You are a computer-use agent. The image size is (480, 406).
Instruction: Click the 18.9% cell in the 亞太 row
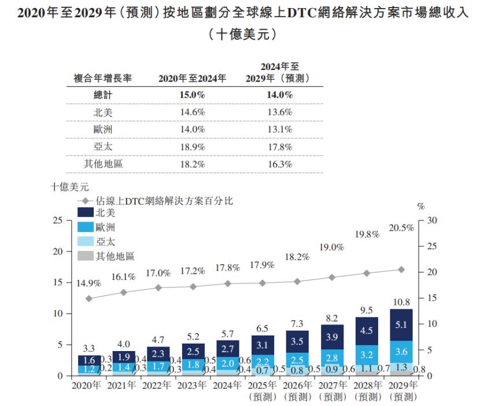(x=193, y=146)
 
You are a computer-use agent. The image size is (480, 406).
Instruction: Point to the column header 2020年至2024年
(x=193, y=78)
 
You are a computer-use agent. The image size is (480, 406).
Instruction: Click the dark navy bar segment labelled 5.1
(x=402, y=324)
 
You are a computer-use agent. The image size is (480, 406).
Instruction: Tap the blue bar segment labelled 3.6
(x=402, y=352)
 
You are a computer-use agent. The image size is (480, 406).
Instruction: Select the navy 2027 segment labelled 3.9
(x=331, y=337)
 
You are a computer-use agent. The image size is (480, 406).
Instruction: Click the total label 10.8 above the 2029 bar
(x=402, y=301)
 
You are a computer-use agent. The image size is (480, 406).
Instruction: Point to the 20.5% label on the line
(x=402, y=228)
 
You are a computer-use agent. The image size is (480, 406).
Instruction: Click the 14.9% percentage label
(x=88, y=283)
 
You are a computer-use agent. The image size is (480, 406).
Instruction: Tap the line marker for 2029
(x=402, y=270)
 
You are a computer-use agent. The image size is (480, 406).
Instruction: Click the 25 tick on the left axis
(x=57, y=220)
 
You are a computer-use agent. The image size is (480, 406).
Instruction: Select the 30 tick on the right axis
(x=430, y=220)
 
